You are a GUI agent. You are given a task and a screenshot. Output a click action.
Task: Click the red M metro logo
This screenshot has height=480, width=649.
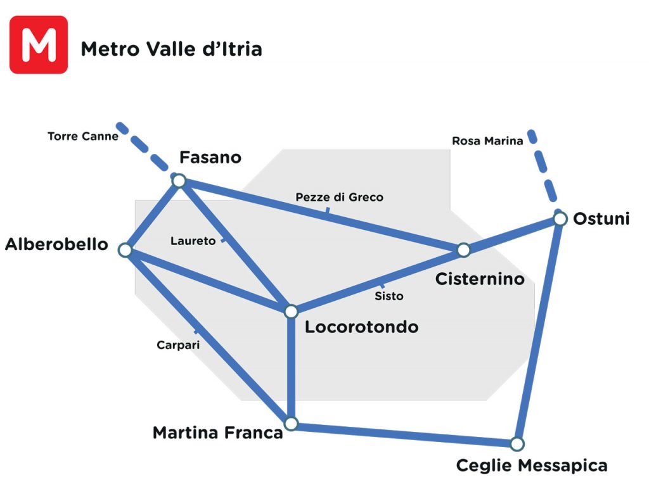[39, 45]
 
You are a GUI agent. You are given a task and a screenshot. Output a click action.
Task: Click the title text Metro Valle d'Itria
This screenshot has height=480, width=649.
[171, 49]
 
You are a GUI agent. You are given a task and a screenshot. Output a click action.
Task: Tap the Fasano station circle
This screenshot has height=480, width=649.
[179, 181]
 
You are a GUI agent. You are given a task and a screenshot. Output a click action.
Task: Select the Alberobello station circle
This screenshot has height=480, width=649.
[125, 250]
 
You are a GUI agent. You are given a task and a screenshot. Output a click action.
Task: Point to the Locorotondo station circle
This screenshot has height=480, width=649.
[291, 312]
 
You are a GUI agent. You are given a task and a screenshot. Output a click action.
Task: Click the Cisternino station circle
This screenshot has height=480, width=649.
[463, 250]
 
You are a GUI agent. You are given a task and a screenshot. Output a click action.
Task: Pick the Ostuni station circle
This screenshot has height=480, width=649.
[560, 218]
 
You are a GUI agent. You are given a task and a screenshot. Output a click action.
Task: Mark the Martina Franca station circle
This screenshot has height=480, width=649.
[291, 423]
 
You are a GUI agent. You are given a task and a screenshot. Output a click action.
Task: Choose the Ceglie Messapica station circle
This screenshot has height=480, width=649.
[517, 443]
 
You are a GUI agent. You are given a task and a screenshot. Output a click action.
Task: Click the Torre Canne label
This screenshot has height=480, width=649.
[83, 136]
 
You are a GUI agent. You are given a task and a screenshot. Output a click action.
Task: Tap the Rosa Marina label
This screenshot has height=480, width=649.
[487, 141]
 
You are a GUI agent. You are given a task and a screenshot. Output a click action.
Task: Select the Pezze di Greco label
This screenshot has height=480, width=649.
[339, 198]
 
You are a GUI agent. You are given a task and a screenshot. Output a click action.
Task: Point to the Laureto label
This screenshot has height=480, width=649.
[193, 241]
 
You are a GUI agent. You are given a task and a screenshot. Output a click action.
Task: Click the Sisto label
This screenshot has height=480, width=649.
[389, 296]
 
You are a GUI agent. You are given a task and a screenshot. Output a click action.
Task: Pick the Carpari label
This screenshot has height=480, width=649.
[178, 345]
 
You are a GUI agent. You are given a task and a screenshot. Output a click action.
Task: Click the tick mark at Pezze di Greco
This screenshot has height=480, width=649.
[327, 211]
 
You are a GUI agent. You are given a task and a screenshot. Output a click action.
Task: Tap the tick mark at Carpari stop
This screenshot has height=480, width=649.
[197, 331]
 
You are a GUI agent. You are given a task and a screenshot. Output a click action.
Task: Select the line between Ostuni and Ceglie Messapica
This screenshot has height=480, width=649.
[539, 329]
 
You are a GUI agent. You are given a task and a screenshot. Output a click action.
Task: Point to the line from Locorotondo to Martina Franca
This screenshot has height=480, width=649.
[291, 367]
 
